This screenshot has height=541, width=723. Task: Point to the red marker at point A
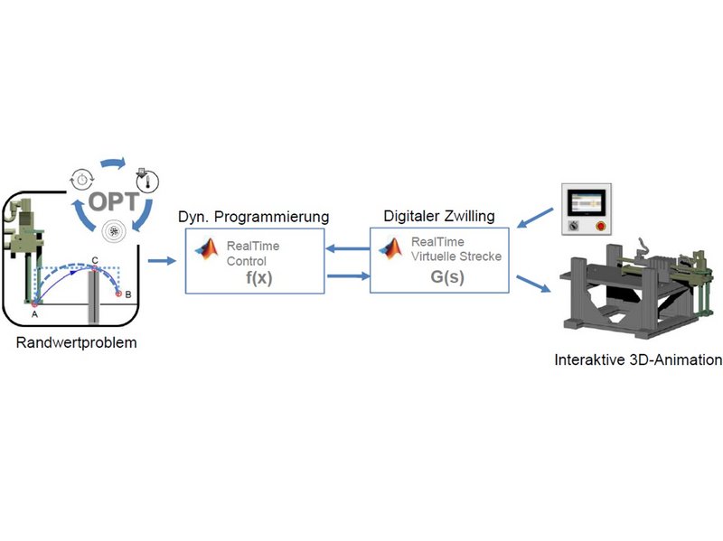(34, 303)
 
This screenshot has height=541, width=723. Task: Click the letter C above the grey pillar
(95, 259)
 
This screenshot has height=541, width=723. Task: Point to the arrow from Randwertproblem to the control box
(161, 262)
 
